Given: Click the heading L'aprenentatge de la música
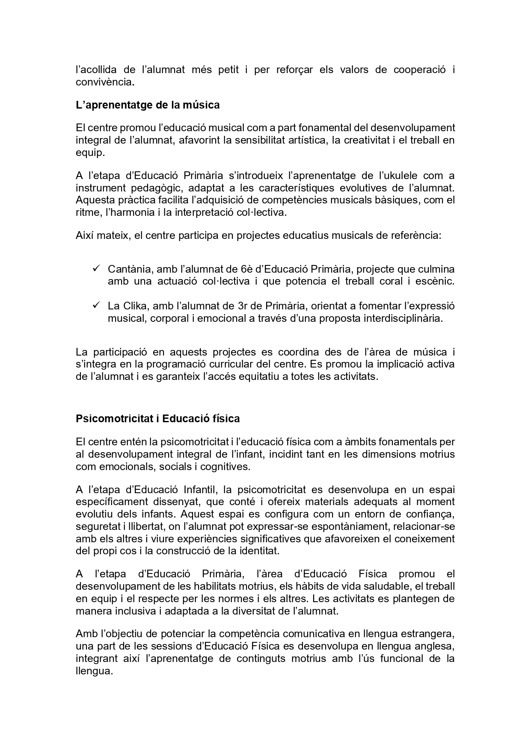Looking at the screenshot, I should tap(148, 105).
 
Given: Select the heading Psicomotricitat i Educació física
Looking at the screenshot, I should tap(157, 418).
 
